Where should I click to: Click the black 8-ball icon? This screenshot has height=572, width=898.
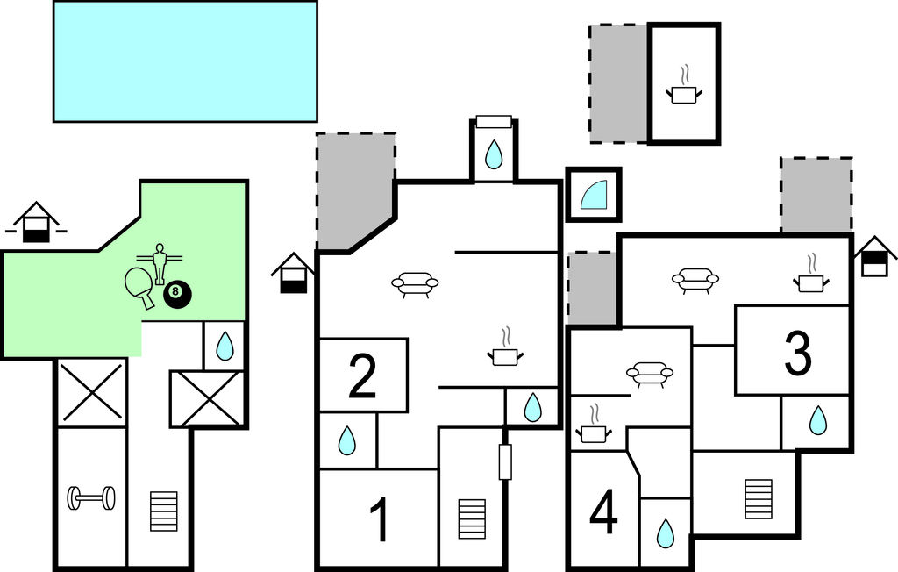click(175, 296)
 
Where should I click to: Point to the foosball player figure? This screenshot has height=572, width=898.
click(160, 262)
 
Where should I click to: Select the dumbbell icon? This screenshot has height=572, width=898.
click(91, 498)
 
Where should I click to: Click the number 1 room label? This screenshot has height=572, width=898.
click(378, 519)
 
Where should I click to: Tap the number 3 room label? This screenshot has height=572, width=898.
click(797, 353)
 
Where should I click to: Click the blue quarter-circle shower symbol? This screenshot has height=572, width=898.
click(594, 195)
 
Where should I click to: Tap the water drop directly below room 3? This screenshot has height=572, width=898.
click(817, 421)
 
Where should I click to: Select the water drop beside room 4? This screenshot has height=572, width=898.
click(666, 533)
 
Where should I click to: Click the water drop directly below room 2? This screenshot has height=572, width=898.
click(347, 440)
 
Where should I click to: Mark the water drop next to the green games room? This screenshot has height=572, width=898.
click(225, 346)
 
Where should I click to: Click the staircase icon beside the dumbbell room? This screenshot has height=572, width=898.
click(163, 511)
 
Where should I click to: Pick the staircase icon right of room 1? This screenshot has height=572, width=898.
click(472, 519)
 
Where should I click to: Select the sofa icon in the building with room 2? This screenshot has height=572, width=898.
click(415, 283)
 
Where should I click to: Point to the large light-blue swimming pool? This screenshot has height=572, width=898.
click(185, 61)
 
